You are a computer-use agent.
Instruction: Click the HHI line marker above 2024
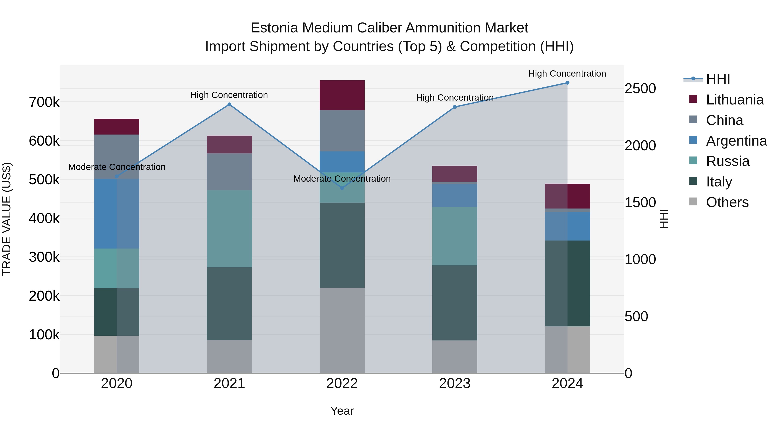[567, 83]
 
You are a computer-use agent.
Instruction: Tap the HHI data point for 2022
[342, 188]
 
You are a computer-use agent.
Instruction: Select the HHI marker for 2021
[229, 105]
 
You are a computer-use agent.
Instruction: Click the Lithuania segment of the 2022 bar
[342, 95]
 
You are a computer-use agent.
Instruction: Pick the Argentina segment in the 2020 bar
[117, 213]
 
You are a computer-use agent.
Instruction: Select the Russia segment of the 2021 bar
[229, 229]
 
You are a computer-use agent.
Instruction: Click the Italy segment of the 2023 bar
[454, 303]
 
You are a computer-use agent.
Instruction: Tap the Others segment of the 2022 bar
[342, 330]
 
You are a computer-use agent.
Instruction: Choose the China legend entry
[724, 120]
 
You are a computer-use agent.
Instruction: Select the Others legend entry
[727, 202]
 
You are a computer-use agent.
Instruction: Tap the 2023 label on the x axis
[454, 383]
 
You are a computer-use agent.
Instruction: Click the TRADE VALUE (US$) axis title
[7, 219]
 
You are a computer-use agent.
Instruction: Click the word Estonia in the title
[274, 28]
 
